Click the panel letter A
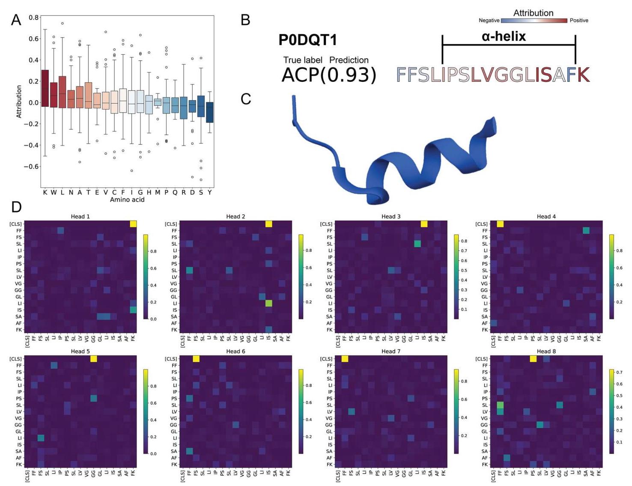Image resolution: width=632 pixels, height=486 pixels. click(16, 20)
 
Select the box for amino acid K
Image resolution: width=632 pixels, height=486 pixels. click(45, 88)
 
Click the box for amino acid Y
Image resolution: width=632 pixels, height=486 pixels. click(210, 112)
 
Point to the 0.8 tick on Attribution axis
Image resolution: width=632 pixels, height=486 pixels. click(34, 18)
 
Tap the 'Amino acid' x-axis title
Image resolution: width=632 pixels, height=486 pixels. click(127, 200)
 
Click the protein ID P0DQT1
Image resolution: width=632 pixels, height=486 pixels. click(307, 40)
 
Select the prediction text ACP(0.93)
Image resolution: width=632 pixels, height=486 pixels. click(329, 75)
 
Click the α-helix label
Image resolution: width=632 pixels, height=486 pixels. click(504, 36)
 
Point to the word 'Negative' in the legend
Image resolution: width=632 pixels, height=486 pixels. click(489, 21)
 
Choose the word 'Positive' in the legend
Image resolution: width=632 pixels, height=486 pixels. click(579, 21)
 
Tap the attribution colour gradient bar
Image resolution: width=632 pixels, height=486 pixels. click(534, 21)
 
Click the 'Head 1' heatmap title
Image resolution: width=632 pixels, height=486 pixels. click(80, 217)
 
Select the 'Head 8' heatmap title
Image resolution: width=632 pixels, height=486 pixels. click(546, 352)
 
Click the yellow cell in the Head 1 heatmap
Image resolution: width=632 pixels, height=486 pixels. click(133, 224)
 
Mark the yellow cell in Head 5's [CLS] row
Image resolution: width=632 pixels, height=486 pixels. click(94, 359)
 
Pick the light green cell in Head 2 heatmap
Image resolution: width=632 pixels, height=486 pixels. click(268, 303)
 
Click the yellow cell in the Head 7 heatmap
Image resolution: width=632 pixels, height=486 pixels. click(345, 359)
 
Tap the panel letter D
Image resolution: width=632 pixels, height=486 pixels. click(16, 207)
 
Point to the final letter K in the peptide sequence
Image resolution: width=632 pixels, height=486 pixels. click(583, 75)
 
